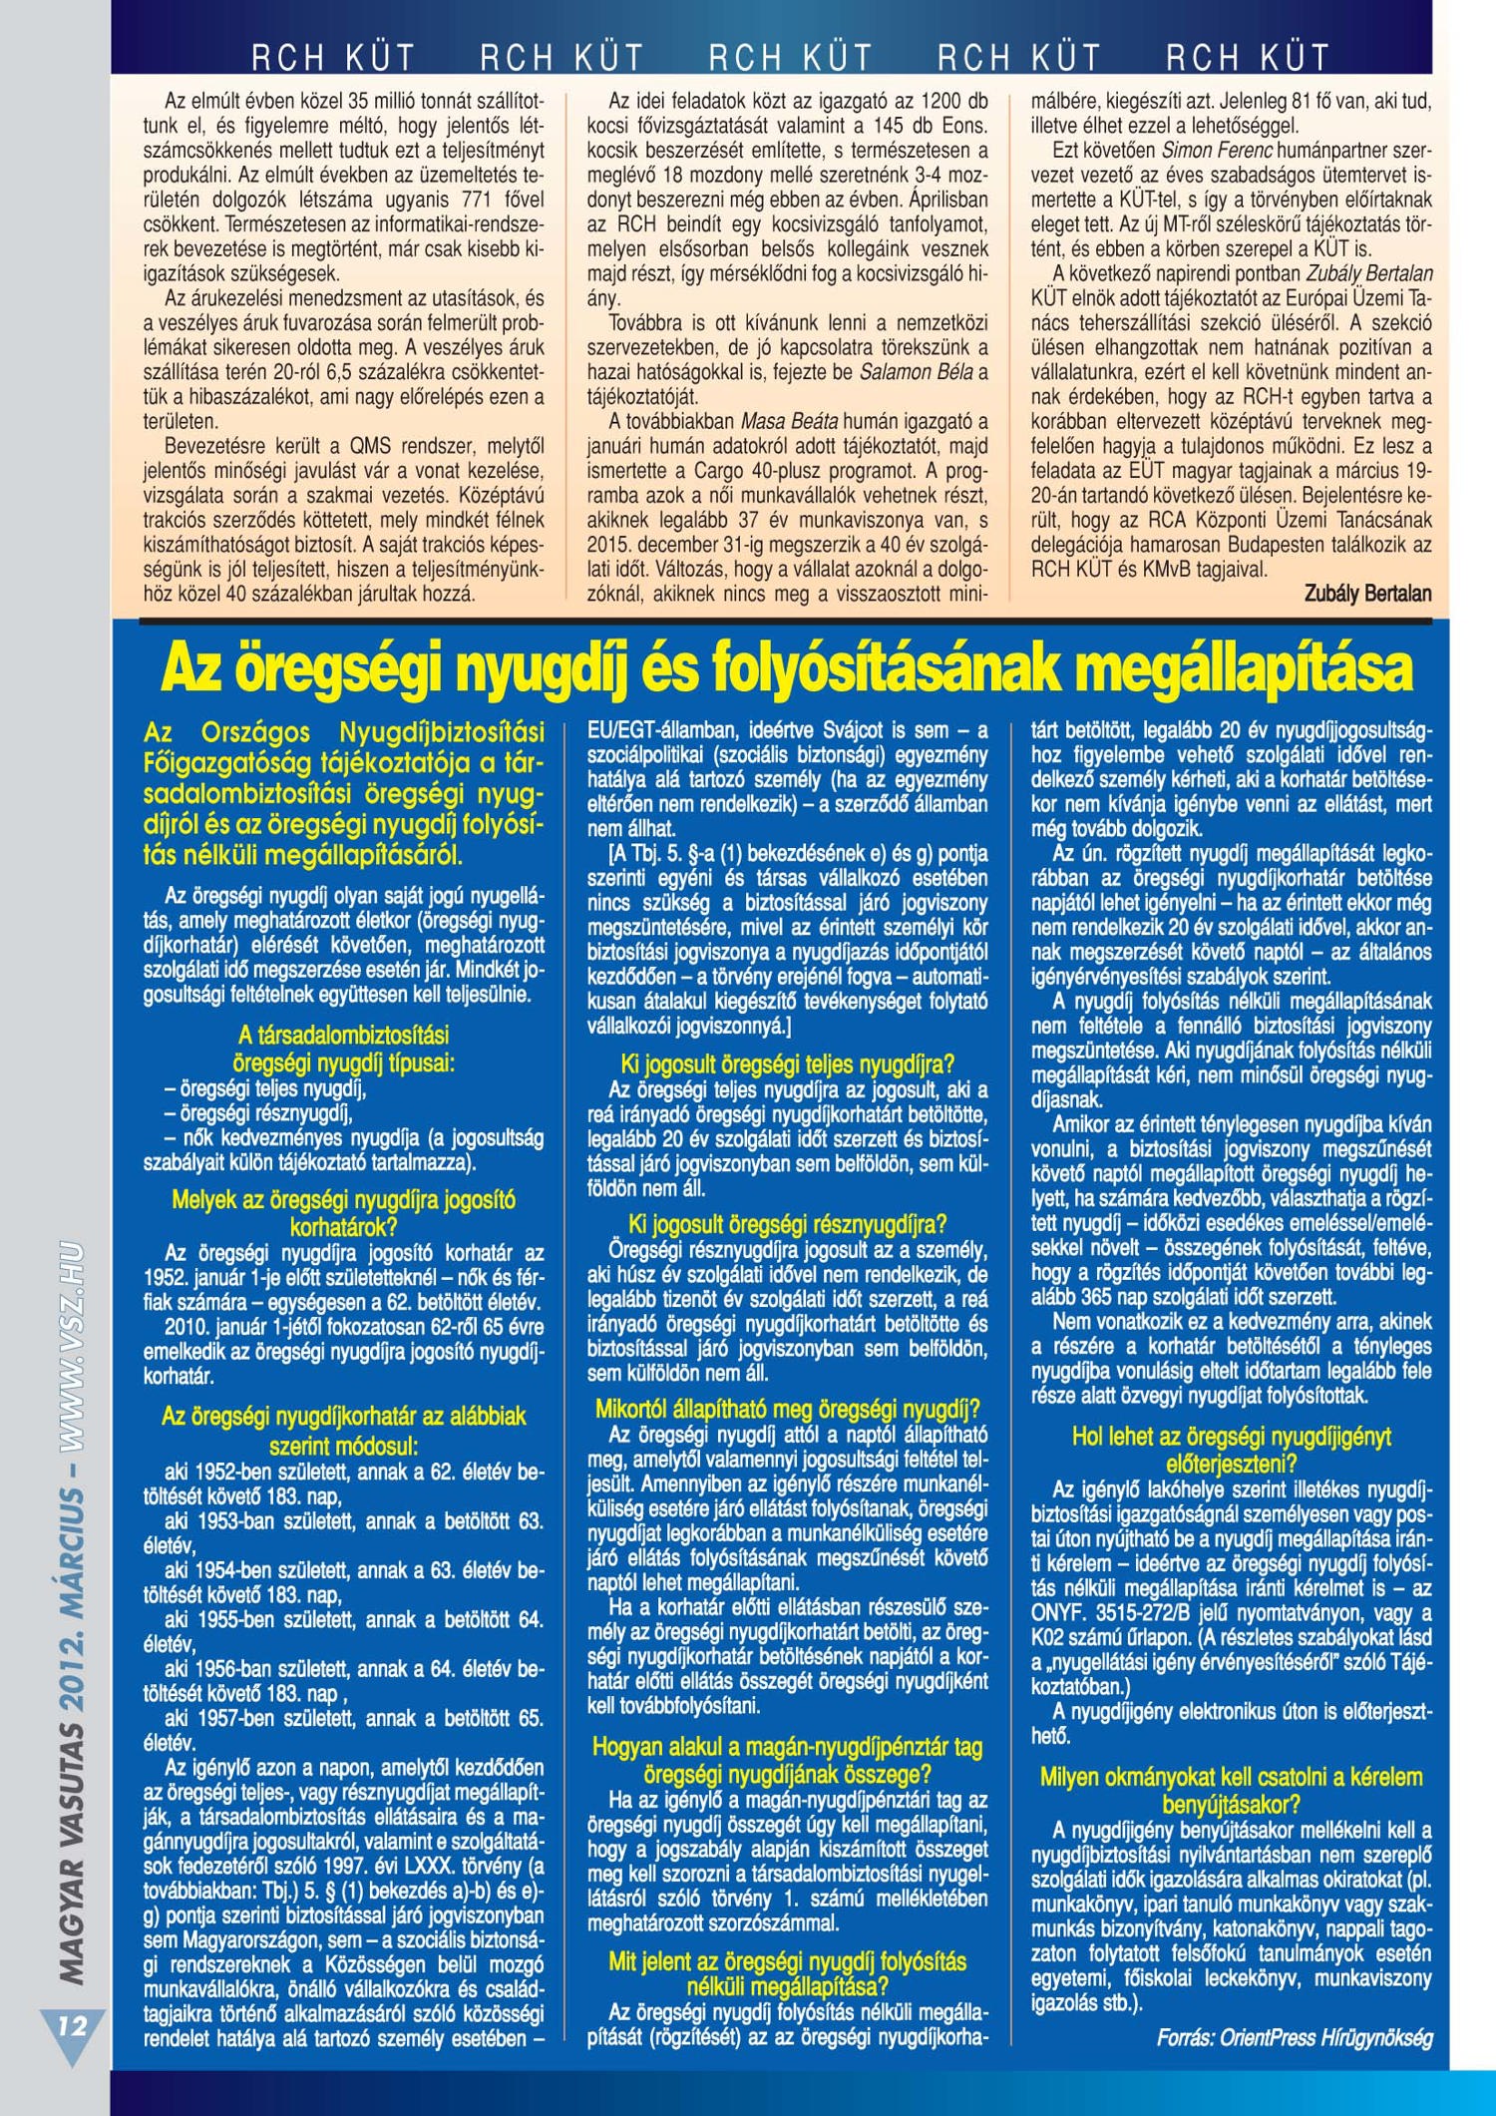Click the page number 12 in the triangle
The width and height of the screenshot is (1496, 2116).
coord(72,2024)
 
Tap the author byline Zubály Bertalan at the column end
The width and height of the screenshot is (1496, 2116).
coord(1367,594)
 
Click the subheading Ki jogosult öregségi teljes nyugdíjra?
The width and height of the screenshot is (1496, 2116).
coord(787,1063)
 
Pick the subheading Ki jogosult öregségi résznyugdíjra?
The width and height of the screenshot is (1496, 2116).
coord(787,1224)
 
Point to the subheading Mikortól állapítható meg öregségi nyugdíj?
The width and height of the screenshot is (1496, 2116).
coord(787,1409)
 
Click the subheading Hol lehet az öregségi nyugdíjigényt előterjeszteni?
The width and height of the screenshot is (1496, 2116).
coord(1231,1450)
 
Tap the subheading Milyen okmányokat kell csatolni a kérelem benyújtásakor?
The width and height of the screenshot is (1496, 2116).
coord(1231,1790)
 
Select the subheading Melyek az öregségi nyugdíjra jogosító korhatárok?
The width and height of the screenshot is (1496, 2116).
coord(343,1212)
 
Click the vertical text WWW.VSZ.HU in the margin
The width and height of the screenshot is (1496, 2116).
coord(71,1347)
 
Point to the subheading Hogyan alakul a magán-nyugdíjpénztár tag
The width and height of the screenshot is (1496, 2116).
coord(787,1746)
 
